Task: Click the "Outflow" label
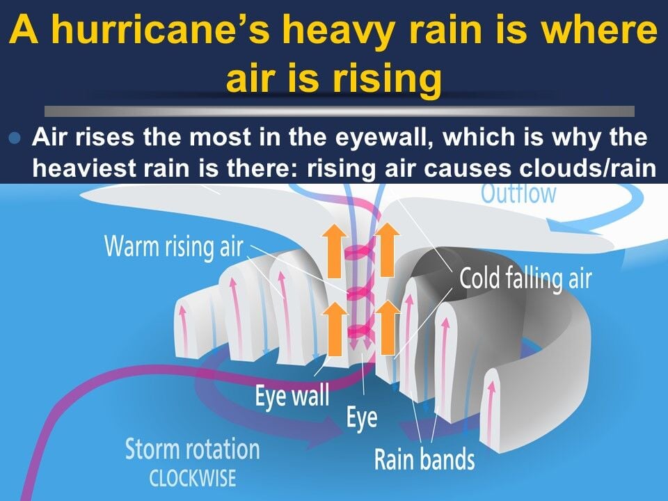coord(518,193)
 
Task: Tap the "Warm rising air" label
coord(174,246)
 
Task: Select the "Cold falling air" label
coord(525,278)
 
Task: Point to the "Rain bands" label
coord(424,459)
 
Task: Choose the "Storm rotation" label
coord(192,450)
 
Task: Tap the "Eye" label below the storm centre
coord(362,418)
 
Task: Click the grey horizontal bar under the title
coord(340,111)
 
